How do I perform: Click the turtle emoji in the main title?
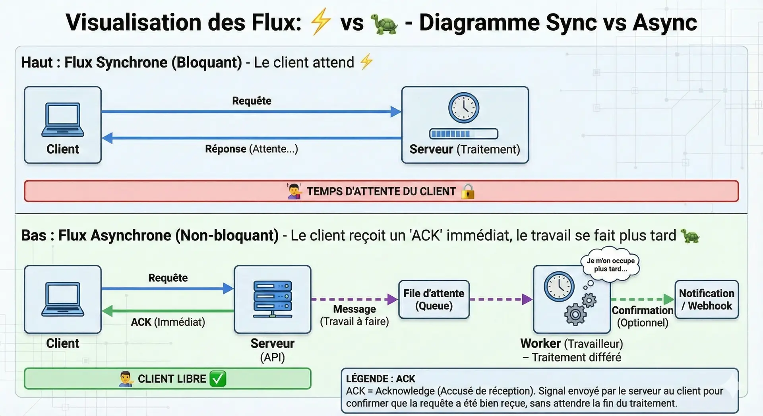point(384,23)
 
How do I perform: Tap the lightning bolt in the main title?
point(320,22)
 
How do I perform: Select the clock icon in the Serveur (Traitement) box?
point(464,108)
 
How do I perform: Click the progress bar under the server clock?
point(464,134)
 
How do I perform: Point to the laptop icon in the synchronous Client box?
point(63,120)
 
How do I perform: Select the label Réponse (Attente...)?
point(251,149)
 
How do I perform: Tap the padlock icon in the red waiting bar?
point(468,191)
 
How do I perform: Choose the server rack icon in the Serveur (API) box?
point(273,299)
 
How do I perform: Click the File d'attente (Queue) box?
point(434,300)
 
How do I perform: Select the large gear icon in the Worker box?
point(575,315)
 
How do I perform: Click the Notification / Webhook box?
point(707,300)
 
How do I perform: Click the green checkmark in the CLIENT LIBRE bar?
point(218,379)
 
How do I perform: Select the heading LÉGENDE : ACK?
point(380,379)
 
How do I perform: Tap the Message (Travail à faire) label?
point(354,315)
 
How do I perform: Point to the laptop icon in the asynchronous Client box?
point(63,299)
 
